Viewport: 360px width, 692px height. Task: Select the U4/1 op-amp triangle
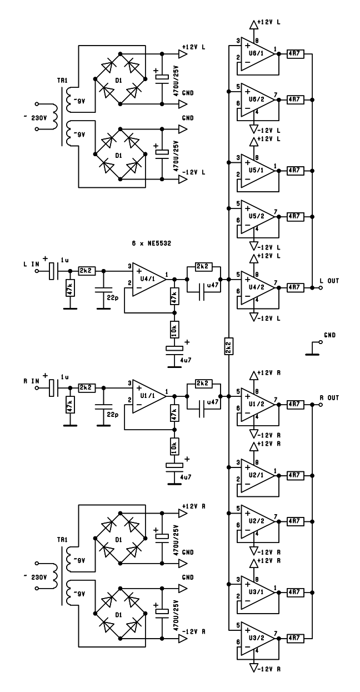(149, 280)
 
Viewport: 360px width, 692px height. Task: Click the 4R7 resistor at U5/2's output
(295, 217)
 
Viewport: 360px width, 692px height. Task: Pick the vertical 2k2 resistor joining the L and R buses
(228, 346)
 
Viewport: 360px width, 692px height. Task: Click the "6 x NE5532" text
(151, 243)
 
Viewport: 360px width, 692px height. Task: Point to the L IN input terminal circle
(37, 271)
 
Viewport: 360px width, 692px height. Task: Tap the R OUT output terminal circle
(321, 405)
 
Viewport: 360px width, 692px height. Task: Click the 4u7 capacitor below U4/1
(174, 351)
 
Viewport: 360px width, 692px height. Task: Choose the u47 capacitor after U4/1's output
(202, 292)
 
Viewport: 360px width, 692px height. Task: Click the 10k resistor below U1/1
(174, 446)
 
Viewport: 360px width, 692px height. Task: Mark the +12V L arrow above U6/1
(254, 24)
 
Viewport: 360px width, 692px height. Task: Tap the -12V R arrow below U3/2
(254, 668)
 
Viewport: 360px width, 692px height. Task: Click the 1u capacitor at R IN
(53, 388)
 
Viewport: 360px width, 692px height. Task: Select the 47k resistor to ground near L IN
(70, 288)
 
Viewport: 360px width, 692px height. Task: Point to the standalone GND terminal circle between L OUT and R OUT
(321, 342)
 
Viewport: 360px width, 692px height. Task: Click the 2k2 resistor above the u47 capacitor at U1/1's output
(203, 384)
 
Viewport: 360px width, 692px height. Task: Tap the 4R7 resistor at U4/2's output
(295, 287)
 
